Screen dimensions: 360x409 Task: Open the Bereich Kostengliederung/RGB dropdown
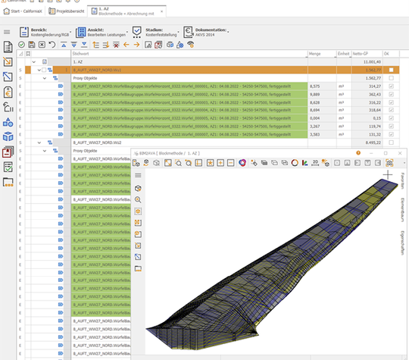[x=47, y=32]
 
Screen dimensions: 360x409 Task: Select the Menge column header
[x=317, y=54]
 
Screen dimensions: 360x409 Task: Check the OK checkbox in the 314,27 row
[x=390, y=86]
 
